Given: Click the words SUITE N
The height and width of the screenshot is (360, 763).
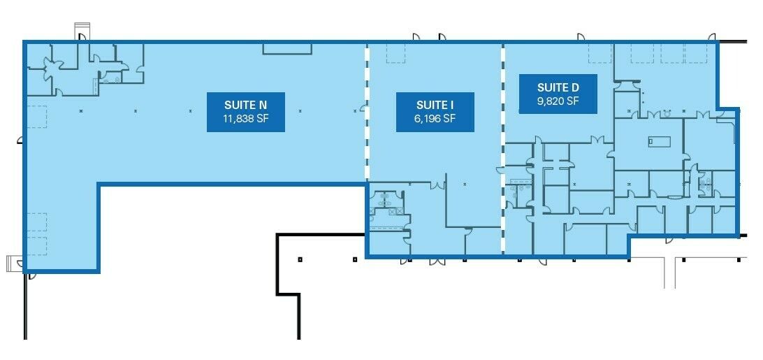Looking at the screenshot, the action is [246, 105].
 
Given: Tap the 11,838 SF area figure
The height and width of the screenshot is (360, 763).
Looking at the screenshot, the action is [246, 118].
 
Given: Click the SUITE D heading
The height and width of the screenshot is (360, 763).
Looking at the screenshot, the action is [558, 87].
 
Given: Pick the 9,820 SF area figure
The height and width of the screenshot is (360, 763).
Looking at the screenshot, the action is [558, 101].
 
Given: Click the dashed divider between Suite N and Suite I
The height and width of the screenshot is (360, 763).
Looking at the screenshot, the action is [368, 113].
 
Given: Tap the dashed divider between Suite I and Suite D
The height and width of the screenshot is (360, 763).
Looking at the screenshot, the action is [503, 150].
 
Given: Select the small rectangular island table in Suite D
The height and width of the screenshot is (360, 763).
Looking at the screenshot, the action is [660, 142].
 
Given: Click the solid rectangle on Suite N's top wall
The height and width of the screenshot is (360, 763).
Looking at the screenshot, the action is [287, 48].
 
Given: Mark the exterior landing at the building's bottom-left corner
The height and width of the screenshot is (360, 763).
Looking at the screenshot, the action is [14, 264].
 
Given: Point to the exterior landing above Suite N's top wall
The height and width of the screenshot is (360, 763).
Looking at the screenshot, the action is [82, 32].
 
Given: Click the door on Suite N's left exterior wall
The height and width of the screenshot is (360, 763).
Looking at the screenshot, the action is [20, 141].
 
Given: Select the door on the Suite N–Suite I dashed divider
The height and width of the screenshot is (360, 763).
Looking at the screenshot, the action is [363, 108].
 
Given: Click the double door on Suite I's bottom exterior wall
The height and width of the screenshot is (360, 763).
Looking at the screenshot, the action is [437, 261].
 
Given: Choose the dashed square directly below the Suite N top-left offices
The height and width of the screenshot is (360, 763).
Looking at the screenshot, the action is [37, 117].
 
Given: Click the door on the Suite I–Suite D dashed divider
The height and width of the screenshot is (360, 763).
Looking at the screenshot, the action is [500, 170].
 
